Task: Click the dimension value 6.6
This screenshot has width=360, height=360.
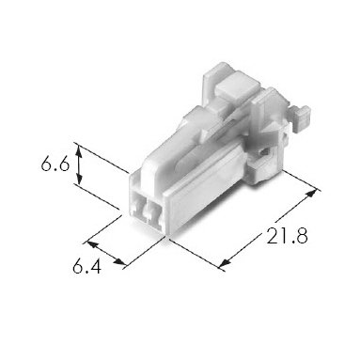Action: (x=55, y=164)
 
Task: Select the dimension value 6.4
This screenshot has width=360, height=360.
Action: (x=86, y=266)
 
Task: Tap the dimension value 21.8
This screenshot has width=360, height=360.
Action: (x=287, y=236)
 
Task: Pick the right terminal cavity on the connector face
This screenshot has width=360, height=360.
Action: (x=154, y=213)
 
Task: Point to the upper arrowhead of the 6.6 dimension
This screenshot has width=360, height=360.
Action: (x=79, y=152)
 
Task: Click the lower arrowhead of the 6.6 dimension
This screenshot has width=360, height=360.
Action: (x=79, y=180)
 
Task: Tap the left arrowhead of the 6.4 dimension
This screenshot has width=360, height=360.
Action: (x=91, y=244)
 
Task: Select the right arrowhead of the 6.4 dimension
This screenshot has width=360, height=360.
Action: (x=119, y=261)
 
